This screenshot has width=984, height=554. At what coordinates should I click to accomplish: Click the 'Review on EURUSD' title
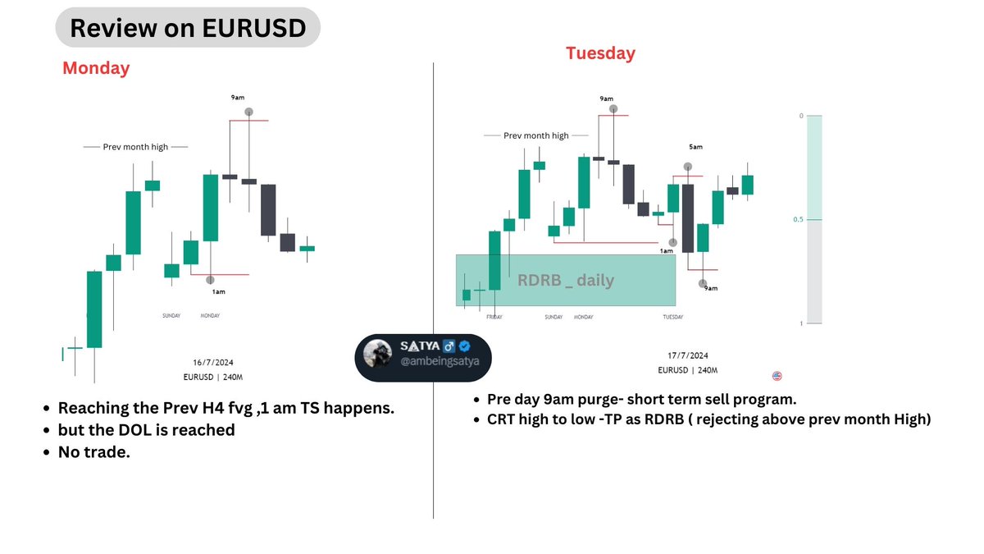(188, 28)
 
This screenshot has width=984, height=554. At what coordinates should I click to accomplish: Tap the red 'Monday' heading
(96, 68)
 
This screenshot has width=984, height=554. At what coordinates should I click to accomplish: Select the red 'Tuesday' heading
(600, 53)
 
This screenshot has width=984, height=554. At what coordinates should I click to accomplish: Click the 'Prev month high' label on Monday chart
(135, 147)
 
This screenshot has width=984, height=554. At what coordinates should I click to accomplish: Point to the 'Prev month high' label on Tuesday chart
(535, 135)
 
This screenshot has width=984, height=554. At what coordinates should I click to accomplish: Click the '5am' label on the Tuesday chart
(695, 147)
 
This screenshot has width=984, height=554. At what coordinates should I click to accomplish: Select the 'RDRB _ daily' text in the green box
(566, 281)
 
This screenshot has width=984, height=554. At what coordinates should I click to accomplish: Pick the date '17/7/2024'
(687, 355)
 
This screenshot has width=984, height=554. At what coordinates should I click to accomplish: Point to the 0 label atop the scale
(800, 116)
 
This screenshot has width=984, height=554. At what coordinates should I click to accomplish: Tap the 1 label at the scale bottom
(800, 324)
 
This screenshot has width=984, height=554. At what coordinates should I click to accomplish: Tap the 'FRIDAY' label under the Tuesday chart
(494, 317)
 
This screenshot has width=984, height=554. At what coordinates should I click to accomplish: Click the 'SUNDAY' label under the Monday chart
(171, 315)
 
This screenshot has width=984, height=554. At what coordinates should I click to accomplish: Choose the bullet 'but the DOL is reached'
(147, 430)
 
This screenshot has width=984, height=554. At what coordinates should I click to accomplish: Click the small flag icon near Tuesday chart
(777, 376)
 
